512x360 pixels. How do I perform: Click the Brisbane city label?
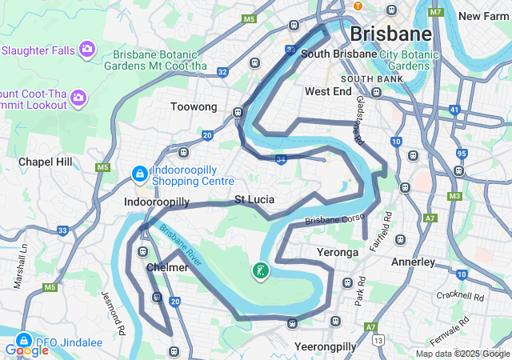(x=390, y=34)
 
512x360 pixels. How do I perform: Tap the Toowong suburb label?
(x=194, y=106)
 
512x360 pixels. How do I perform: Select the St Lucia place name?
(x=254, y=198)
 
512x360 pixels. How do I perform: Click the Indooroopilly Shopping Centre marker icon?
(x=139, y=173)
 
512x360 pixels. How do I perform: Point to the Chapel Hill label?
(x=46, y=162)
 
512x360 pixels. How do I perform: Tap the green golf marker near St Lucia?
(x=261, y=272)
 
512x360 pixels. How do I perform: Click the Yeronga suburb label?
(x=336, y=252)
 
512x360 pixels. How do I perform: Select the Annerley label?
(x=413, y=262)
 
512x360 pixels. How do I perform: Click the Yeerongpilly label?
(x=325, y=346)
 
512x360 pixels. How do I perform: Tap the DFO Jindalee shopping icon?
(x=24, y=339)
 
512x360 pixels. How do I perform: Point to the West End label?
(x=328, y=92)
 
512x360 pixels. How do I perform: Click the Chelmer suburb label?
(x=167, y=267)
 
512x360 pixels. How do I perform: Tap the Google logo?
(x=26, y=350)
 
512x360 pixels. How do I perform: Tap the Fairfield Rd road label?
(x=387, y=226)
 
